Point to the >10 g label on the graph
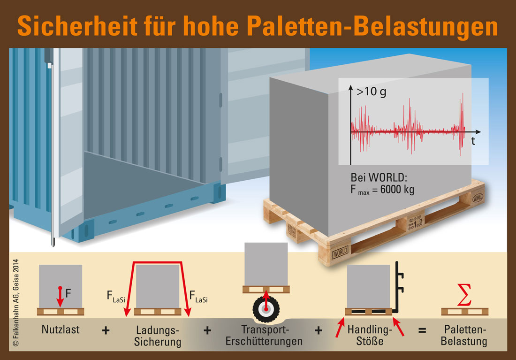pyautogui.click(x=372, y=92)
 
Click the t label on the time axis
pyautogui.click(x=473, y=141)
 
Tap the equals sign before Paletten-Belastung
pyautogui.click(x=422, y=330)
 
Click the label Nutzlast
pyautogui.click(x=61, y=329)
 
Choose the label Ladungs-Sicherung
pyautogui.click(x=158, y=335)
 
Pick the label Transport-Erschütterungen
pyautogui.click(x=264, y=335)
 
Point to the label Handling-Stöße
pyautogui.click(x=365, y=335)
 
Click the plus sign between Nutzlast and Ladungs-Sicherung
pyautogui.click(x=106, y=330)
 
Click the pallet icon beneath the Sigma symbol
pyautogui.click(x=464, y=311)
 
